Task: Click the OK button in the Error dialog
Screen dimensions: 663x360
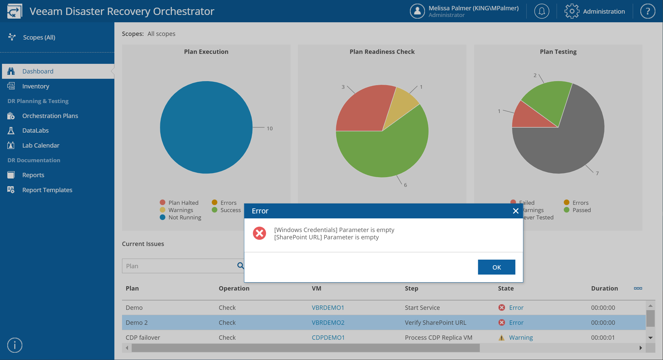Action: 496,267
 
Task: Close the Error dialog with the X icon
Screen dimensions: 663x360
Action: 516,211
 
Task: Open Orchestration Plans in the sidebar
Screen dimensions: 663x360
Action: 50,116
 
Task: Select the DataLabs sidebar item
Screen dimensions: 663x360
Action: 35,130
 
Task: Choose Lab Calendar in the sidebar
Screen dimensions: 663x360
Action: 41,145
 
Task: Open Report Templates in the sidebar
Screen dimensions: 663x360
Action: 47,190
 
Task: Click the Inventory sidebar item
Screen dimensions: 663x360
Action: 36,86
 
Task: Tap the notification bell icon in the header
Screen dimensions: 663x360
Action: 542,11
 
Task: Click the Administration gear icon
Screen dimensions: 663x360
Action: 572,11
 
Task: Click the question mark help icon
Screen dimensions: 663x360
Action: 648,11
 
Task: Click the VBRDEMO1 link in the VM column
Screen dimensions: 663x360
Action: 328,307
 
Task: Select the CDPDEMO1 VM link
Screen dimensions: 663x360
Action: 328,337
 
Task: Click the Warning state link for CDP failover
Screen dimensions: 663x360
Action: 521,337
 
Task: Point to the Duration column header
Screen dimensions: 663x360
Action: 604,288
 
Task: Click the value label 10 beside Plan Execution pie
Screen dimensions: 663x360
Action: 270,128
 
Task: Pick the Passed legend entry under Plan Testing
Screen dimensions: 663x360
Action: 578,210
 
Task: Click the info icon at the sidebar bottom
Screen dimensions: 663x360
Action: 15,345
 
